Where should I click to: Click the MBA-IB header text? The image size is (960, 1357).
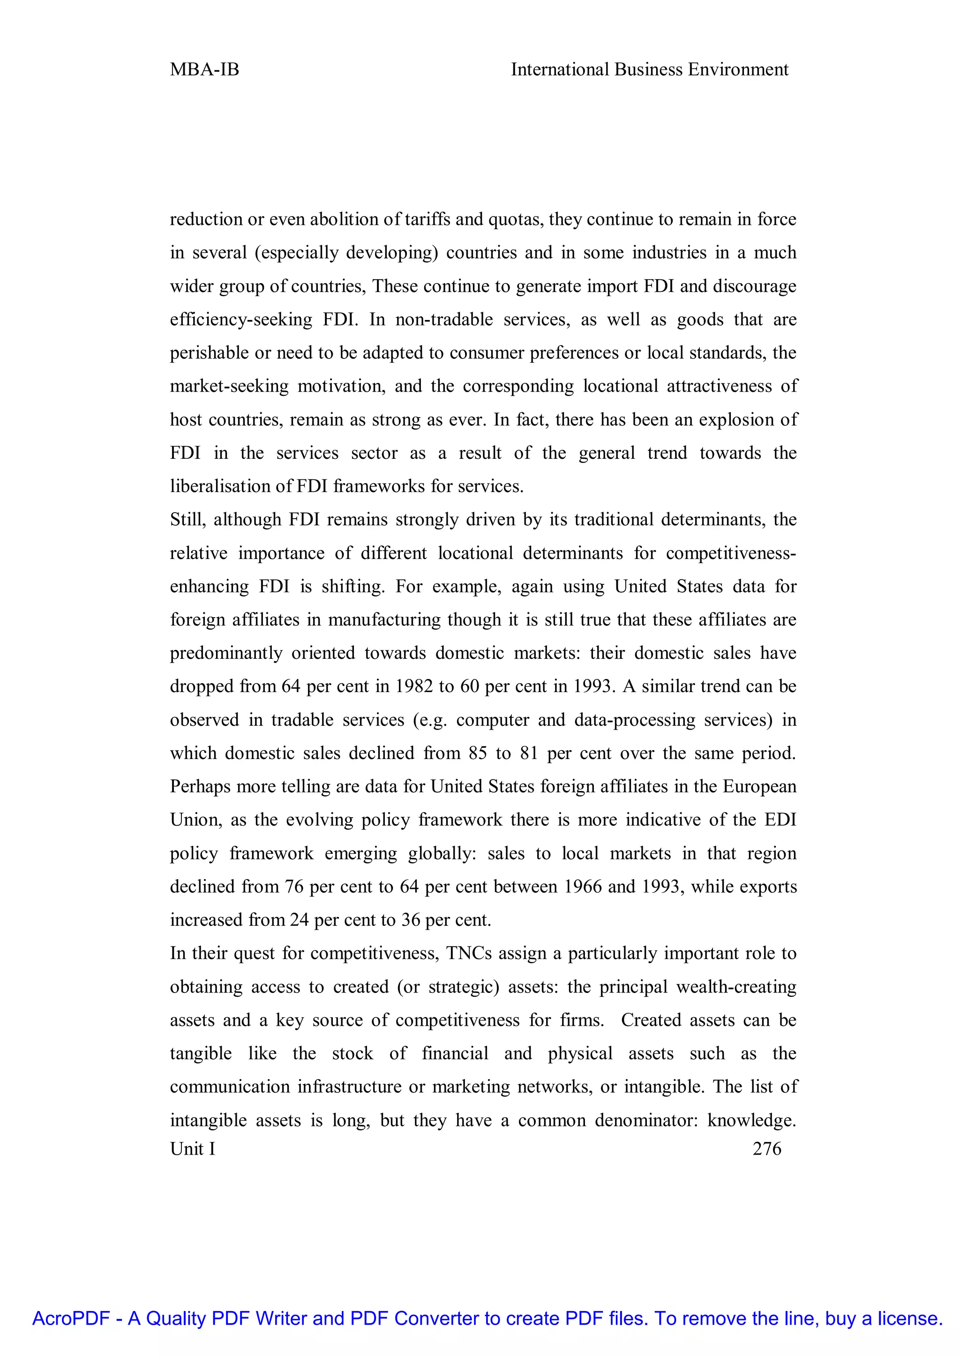tap(204, 70)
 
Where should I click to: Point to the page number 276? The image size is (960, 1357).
tap(767, 1148)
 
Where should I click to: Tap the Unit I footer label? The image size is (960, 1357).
tap(193, 1148)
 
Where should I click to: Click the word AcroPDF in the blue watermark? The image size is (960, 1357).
tap(71, 1318)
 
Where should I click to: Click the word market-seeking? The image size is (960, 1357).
tap(229, 387)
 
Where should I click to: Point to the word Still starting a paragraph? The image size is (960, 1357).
tap(187, 520)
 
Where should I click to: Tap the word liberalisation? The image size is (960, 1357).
tap(222, 486)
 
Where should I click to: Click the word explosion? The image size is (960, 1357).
tap(736, 420)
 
